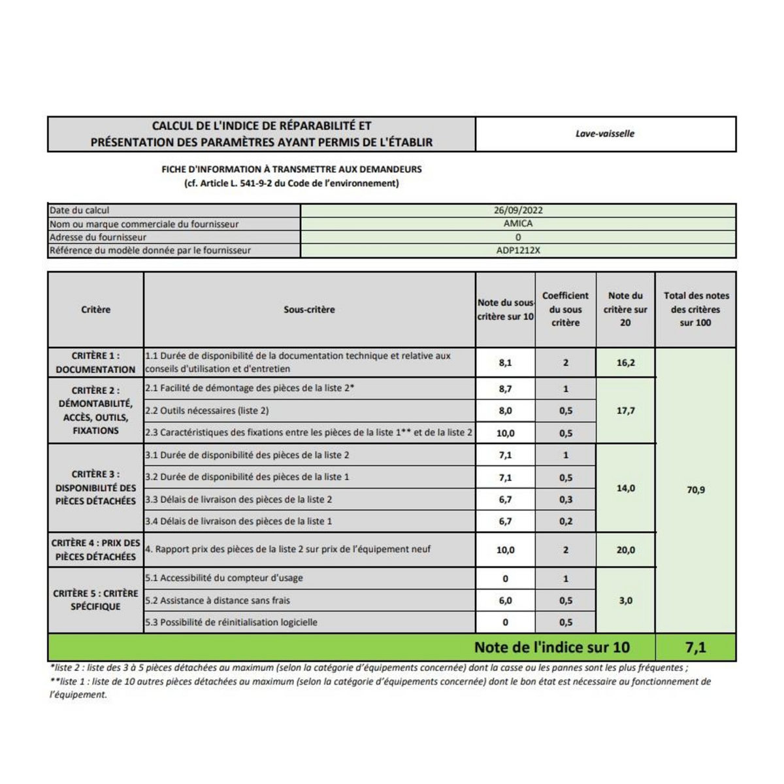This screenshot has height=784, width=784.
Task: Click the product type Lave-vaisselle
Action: (x=605, y=133)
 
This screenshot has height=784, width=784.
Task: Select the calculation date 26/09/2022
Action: (x=518, y=210)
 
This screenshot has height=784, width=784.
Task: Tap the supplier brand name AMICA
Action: (x=518, y=223)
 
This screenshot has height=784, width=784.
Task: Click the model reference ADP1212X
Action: (x=518, y=250)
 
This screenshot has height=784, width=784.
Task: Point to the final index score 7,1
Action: (x=695, y=647)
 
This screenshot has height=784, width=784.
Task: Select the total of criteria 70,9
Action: (x=695, y=489)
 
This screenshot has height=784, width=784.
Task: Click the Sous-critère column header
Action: (x=309, y=310)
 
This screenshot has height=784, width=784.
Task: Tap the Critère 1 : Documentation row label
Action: (x=95, y=363)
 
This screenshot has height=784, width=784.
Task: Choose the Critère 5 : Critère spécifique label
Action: (x=95, y=600)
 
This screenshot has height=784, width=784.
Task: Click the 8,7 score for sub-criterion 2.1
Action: (x=505, y=389)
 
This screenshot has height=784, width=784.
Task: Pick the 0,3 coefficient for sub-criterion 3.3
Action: (x=565, y=500)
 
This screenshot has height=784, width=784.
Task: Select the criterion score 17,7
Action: (x=625, y=411)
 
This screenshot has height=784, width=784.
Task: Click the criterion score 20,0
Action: (x=625, y=550)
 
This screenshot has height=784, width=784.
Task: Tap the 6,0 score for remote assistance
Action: (x=505, y=600)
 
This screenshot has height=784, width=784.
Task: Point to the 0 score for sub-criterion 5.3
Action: (x=505, y=623)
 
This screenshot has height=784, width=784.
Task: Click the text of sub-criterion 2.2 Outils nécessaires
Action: (x=206, y=411)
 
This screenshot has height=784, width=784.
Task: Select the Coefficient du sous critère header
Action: (x=565, y=309)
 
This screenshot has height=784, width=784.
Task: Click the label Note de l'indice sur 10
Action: (x=552, y=647)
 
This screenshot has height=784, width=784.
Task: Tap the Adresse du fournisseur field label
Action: (x=98, y=237)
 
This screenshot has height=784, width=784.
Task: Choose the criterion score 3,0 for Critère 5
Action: (x=625, y=600)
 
